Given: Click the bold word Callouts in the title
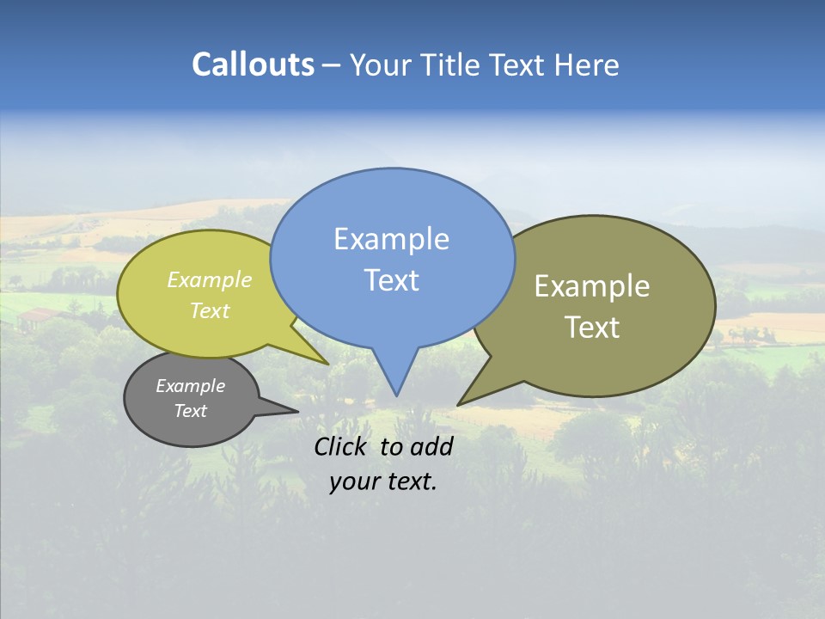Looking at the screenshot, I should click(x=254, y=64).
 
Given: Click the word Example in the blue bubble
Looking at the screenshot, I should click(x=391, y=239).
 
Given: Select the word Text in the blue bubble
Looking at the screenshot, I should click(x=391, y=280).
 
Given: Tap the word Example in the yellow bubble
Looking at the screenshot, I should click(x=210, y=279).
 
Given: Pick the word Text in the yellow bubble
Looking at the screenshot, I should click(x=210, y=310).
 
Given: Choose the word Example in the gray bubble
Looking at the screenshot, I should click(x=190, y=386).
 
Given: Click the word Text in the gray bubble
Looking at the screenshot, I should click(x=190, y=411).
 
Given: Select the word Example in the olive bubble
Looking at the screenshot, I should click(x=592, y=286).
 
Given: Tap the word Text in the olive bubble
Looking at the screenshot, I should click(x=592, y=328).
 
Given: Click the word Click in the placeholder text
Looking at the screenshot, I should click(x=343, y=446).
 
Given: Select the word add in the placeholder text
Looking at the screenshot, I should click(x=431, y=446).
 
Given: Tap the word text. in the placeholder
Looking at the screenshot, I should click(x=411, y=481).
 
